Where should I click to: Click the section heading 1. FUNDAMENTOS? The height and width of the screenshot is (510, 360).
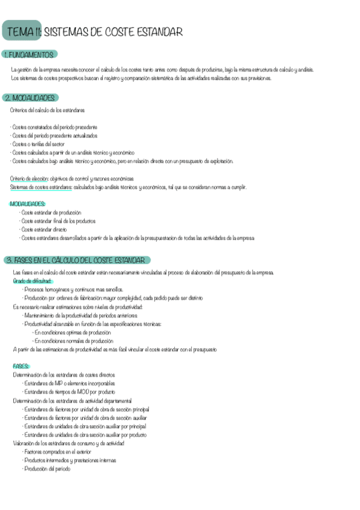click(29, 55)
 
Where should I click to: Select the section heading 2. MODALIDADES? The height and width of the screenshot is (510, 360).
click(31, 97)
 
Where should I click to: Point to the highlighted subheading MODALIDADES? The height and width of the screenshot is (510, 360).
click(28, 204)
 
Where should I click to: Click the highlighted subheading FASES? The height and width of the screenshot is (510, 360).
click(21, 366)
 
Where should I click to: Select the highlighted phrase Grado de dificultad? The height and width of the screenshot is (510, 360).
click(33, 281)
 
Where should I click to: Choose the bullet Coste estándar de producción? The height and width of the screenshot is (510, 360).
click(52, 212)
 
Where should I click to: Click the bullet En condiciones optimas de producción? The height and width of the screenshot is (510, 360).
click(72, 333)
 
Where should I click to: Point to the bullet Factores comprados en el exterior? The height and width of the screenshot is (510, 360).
click(63, 452)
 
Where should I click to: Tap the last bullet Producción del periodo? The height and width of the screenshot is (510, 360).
click(48, 469)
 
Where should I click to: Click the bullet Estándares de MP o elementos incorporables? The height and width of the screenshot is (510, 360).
click(69, 383)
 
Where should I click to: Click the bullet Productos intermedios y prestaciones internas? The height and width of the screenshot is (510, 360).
click(70, 460)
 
